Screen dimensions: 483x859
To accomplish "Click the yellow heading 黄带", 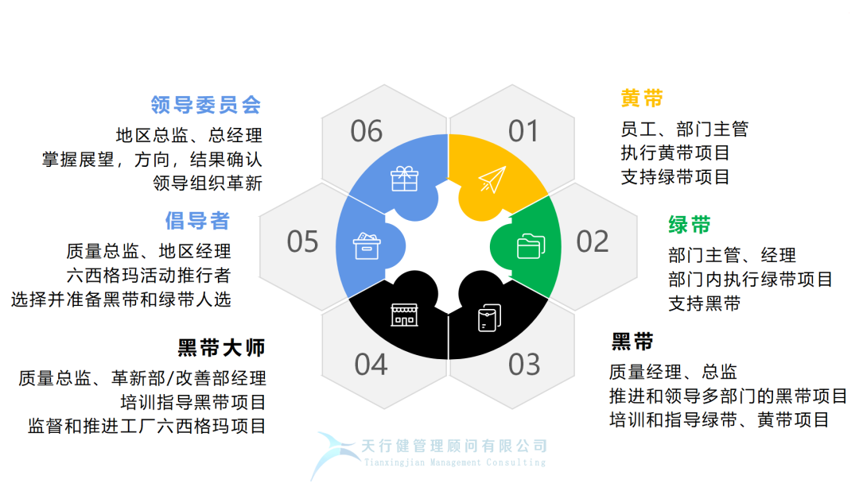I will click(642, 99).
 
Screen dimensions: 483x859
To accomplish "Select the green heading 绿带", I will click(690, 225).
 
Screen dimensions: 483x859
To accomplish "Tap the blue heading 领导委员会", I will click(206, 105).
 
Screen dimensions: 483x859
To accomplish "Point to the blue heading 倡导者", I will click(197, 219).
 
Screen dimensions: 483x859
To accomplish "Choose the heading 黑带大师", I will click(221, 347).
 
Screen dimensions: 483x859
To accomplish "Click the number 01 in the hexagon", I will click(523, 131).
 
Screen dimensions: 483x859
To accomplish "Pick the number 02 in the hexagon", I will click(593, 241).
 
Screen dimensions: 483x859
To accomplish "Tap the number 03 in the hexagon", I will click(524, 365).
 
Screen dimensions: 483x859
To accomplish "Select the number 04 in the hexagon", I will click(371, 365).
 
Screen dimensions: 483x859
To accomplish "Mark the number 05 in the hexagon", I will click(302, 241).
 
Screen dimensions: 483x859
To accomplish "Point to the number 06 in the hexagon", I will click(367, 131).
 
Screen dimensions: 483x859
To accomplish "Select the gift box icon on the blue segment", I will click(404, 178).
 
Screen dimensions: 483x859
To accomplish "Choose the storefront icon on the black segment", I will click(404, 315).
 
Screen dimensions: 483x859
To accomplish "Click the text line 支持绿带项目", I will click(675, 177).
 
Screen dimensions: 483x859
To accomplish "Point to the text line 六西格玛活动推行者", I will click(149, 276).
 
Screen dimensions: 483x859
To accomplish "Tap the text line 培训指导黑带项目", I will click(192, 402).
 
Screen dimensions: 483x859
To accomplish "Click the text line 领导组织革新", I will click(207, 183).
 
